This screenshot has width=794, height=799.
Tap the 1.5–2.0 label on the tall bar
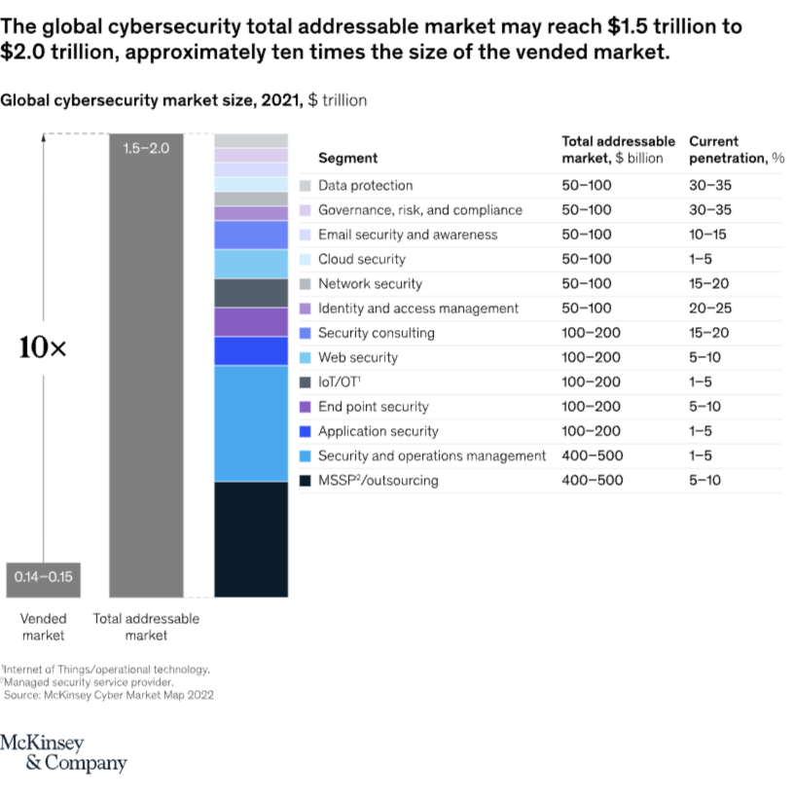pos(147,148)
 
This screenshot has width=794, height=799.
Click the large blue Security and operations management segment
pos(250,423)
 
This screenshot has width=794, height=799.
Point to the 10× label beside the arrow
pos(43,348)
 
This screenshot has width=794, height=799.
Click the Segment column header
pos(347,158)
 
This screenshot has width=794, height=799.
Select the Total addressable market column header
pos(618,149)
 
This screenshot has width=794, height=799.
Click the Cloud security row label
pos(361,259)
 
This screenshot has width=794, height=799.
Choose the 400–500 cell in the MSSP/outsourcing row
pos(592,480)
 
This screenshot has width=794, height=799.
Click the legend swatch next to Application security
pos(306,431)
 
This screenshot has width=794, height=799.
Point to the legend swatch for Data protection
pos(306,186)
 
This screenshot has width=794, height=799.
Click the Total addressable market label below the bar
pos(146,627)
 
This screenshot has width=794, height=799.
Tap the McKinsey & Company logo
pos(63,753)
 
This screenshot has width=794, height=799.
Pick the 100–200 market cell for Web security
pos(592,357)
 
